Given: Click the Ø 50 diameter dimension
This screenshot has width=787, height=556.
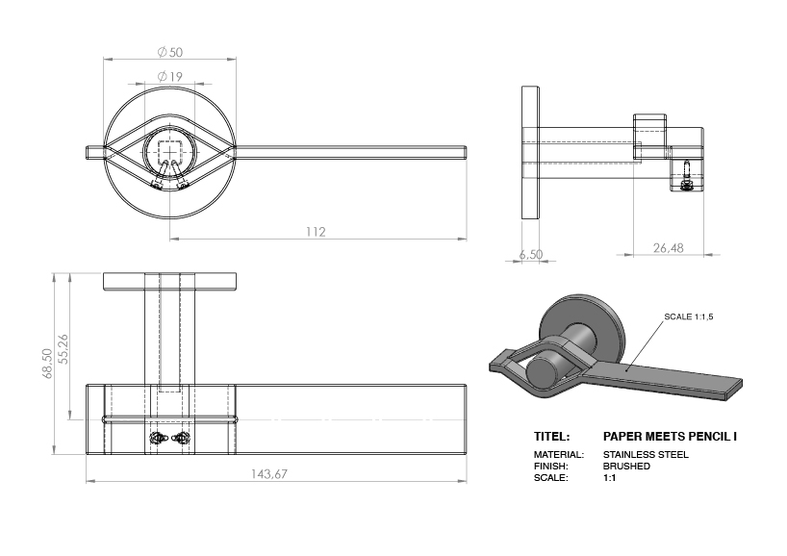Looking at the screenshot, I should (x=169, y=51).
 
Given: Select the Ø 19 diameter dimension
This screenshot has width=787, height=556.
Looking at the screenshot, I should (x=169, y=76).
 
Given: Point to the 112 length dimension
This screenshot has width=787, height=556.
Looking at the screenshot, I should (x=316, y=232).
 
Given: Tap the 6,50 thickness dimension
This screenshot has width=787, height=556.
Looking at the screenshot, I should (x=530, y=254).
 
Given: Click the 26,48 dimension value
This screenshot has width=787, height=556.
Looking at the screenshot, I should (x=668, y=248).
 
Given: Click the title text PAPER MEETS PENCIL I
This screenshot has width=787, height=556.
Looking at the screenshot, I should (x=670, y=436).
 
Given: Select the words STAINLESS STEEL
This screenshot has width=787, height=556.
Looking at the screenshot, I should (x=645, y=454).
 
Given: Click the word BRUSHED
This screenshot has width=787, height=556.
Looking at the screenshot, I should (x=626, y=466).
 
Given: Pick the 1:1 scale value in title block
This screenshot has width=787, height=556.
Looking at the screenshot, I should (x=609, y=477).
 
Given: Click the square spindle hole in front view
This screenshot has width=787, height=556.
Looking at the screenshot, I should (x=170, y=151).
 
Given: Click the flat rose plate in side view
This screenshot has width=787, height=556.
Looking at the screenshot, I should (x=530, y=153).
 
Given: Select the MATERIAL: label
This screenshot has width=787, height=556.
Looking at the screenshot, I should (x=557, y=454).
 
